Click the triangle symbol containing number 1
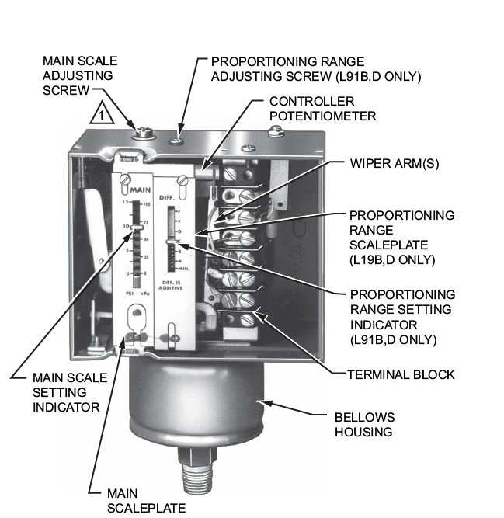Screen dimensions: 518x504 click(x=106, y=117)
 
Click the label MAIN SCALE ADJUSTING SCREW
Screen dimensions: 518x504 click(x=78, y=75)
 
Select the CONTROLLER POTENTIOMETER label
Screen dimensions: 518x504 click(x=322, y=109)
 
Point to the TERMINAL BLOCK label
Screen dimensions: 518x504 click(x=401, y=374)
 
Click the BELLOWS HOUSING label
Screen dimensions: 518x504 click(x=365, y=424)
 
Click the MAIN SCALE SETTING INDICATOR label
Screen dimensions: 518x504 click(x=66, y=392)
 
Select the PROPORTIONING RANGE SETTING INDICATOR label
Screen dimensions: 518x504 click(x=402, y=317)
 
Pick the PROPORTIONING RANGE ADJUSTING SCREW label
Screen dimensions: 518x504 click(x=317, y=68)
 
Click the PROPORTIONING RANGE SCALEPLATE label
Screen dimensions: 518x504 click(x=401, y=237)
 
